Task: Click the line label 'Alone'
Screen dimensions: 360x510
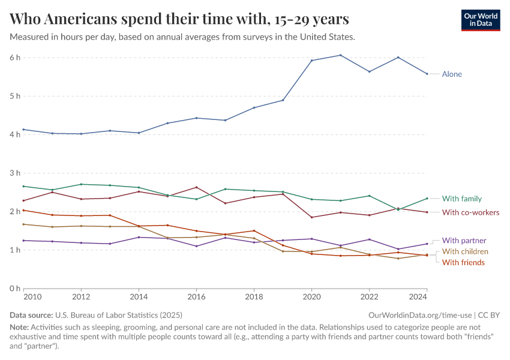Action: click(452, 74)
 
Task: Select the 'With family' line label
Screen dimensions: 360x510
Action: click(461, 199)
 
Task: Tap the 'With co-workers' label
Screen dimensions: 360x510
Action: click(470, 212)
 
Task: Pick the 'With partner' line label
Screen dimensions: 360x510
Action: click(464, 241)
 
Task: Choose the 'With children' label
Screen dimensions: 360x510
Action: click(465, 251)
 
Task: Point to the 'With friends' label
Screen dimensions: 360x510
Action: click(463, 262)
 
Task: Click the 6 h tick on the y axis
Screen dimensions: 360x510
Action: click(14, 58)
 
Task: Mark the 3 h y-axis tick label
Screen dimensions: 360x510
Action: click(14, 173)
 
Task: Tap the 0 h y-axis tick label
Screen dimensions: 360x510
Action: click(14, 289)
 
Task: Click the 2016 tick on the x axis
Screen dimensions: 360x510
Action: click(196, 297)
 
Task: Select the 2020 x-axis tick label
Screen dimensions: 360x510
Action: click(311, 297)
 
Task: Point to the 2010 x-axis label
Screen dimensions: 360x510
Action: click(32, 297)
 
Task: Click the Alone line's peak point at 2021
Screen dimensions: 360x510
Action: click(340, 55)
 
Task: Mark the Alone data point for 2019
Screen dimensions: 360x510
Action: click(283, 100)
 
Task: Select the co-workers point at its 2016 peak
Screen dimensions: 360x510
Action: click(196, 187)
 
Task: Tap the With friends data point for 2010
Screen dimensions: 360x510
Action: click(23, 210)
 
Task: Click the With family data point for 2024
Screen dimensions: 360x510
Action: click(427, 199)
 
